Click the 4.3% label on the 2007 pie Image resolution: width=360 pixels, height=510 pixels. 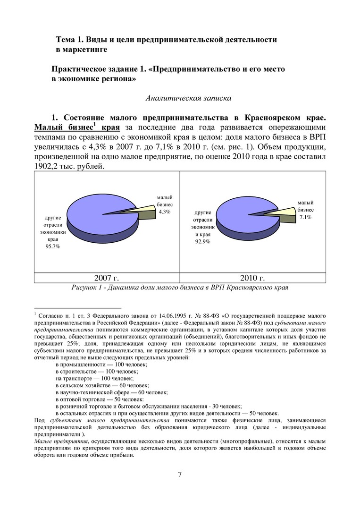[164, 212]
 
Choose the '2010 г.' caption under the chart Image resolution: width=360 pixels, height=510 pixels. [252, 278]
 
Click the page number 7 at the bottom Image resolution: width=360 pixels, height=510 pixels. [180, 475]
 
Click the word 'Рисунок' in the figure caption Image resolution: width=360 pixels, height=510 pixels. [84, 287]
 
